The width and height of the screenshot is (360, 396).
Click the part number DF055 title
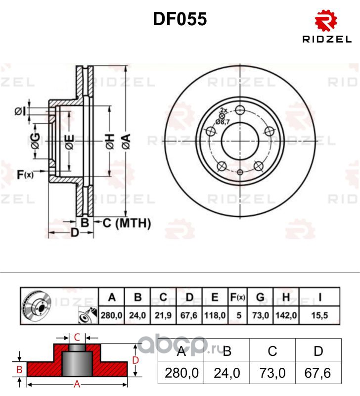click(180, 19)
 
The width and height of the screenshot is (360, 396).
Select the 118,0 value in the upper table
click(215, 314)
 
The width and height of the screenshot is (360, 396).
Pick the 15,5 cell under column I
click(320, 314)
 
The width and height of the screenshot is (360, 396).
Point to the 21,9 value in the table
click(163, 314)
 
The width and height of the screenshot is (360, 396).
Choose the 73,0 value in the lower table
click(272, 373)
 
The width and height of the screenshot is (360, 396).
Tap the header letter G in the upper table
click(260, 297)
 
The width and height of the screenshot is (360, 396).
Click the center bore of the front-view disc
click(240, 141)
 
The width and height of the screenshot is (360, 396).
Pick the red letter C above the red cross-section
click(77, 338)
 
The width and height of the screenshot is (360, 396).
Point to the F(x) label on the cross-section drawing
click(25, 174)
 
